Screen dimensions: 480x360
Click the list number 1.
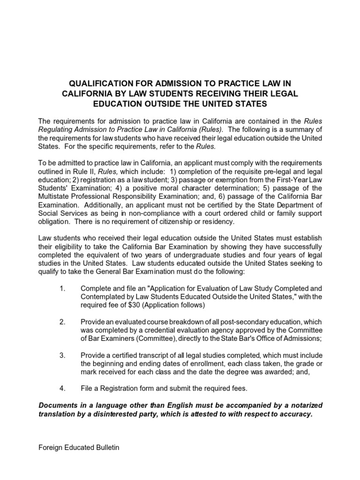point(62,288)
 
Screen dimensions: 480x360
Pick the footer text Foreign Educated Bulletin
point(79,447)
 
